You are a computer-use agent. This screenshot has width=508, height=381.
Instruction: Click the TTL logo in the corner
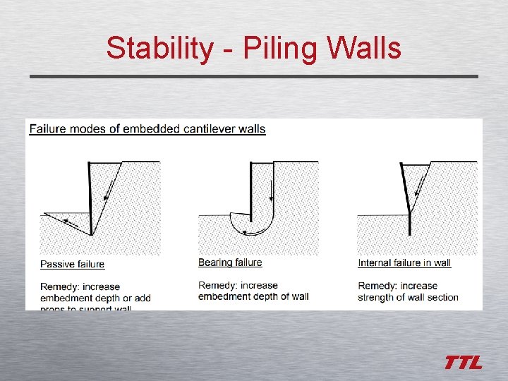pos(463,363)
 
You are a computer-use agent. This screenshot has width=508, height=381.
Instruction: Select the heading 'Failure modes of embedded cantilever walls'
pos(147,128)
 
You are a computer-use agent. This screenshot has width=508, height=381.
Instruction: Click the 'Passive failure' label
pos(72,265)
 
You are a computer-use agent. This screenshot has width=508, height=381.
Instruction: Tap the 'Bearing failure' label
pos(230,262)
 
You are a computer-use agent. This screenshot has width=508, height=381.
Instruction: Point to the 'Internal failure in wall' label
pos(404,263)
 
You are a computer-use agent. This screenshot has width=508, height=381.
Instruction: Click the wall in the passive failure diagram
pos(90,198)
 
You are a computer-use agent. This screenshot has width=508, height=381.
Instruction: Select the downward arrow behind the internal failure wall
pos(419,187)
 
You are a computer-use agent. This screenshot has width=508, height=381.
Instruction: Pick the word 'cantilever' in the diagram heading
pos(210,128)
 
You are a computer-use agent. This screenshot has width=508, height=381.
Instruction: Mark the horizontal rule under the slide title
pos(254,76)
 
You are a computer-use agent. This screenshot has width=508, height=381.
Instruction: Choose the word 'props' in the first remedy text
pos(54,306)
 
